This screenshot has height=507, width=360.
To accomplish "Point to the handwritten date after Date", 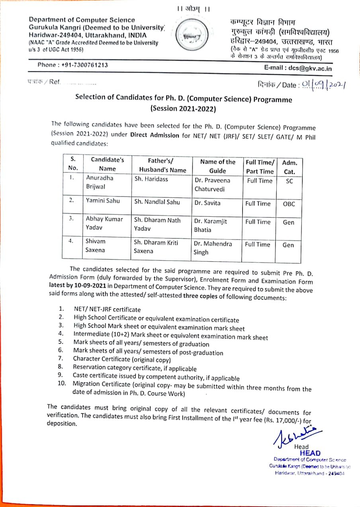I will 322,84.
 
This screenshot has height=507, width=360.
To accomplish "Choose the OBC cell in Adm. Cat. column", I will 289,204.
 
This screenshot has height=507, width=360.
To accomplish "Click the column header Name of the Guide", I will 217,166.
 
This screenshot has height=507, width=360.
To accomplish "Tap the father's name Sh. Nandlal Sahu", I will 157,202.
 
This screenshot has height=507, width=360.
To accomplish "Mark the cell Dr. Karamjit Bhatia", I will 210,225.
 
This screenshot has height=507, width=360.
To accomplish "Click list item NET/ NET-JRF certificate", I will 107,309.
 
